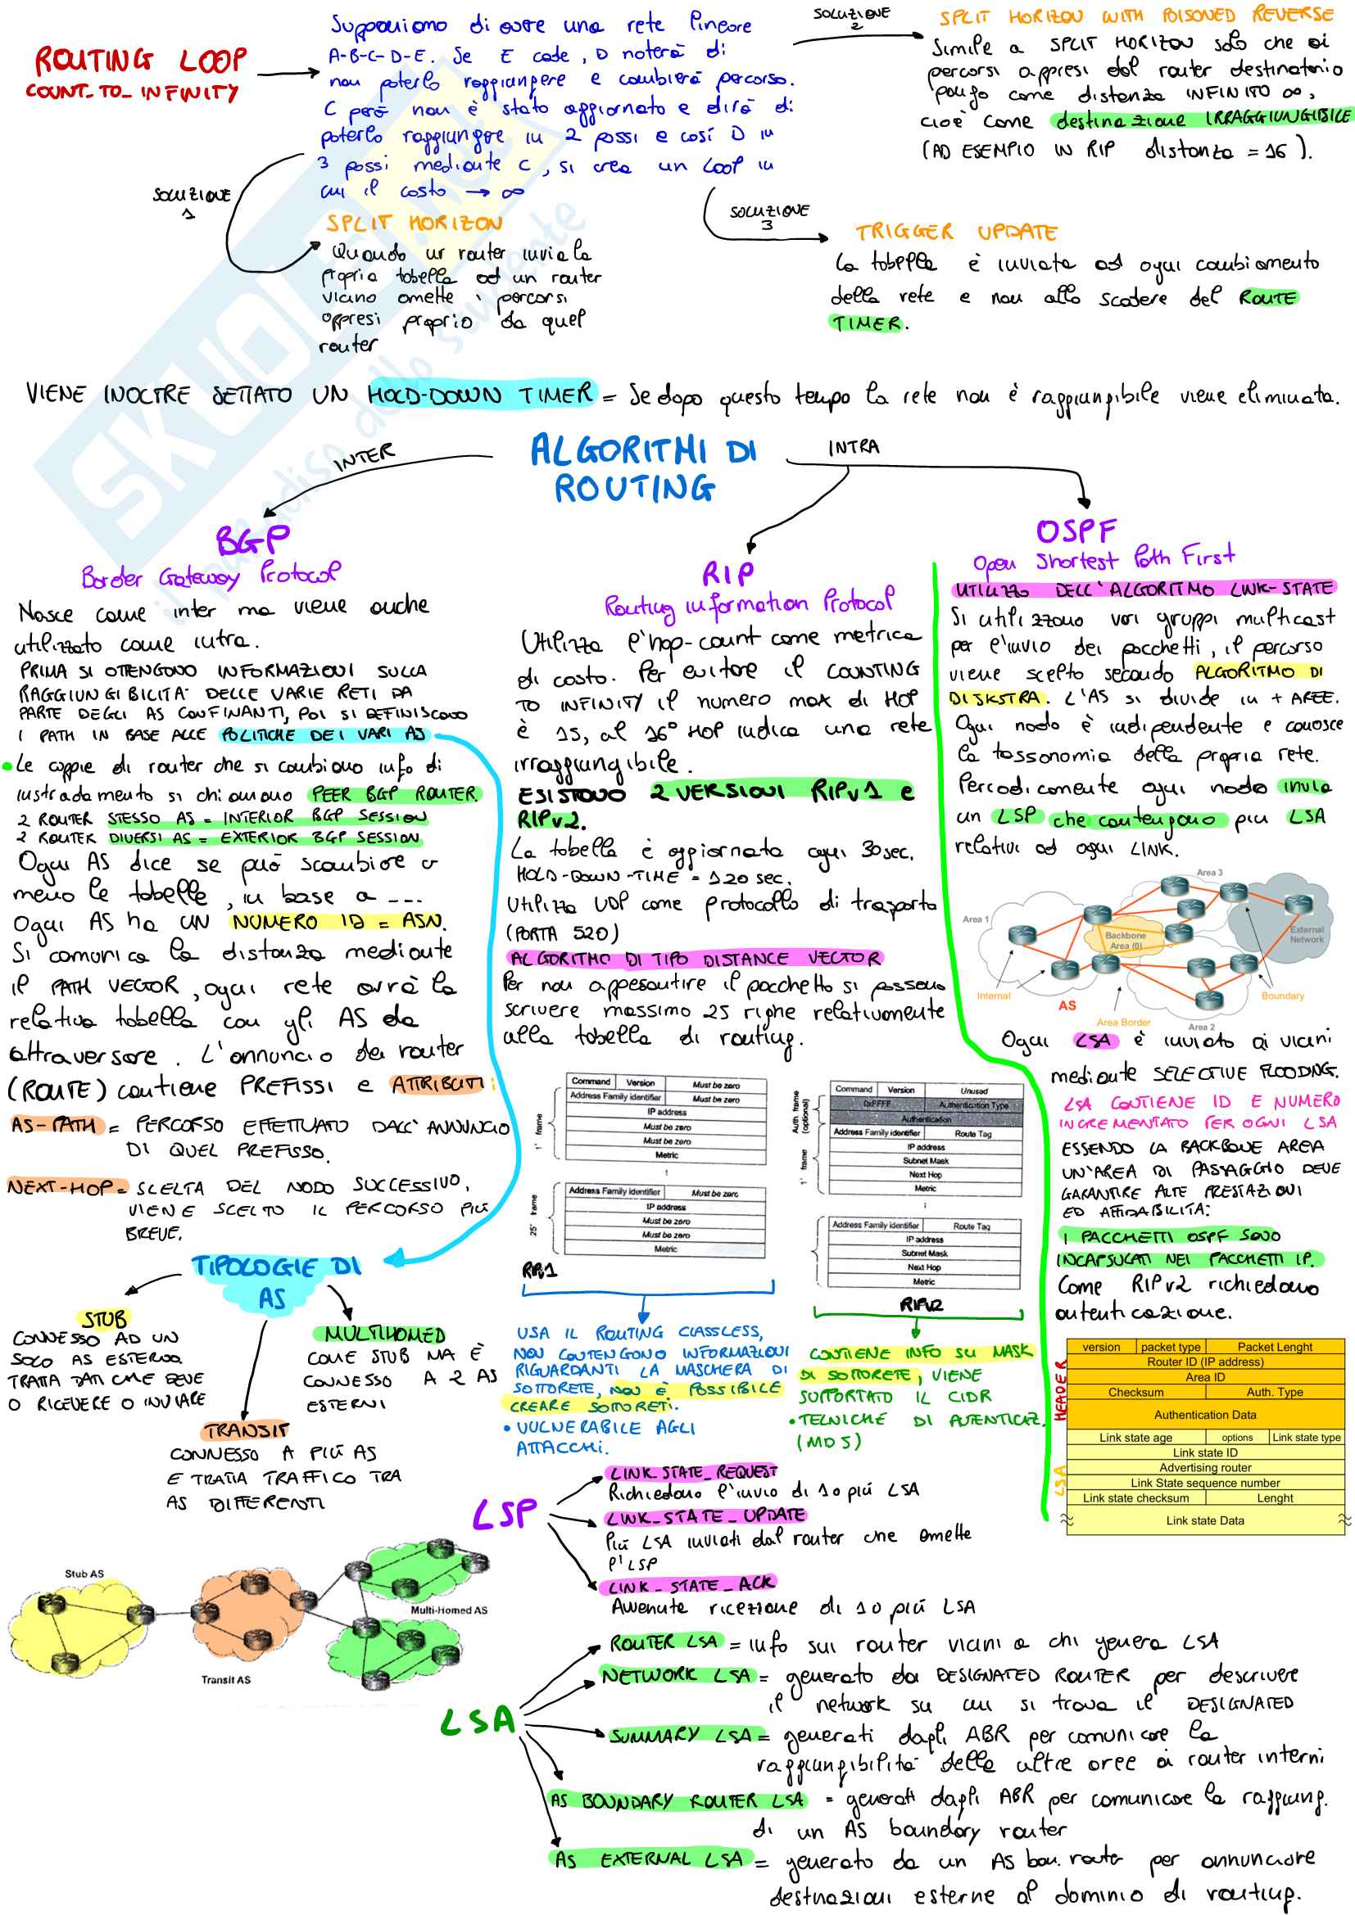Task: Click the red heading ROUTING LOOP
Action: point(140,61)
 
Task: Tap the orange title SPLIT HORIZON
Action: point(414,224)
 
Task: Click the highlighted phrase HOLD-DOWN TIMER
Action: point(482,395)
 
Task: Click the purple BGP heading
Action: point(253,540)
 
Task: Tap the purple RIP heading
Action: point(727,574)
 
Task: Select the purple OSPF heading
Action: point(1076,531)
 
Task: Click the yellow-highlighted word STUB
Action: point(104,1319)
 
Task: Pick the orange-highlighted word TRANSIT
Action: point(247,1431)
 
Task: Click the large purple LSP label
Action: point(505,1514)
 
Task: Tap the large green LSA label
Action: point(478,1721)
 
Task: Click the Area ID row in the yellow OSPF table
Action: point(1205,1377)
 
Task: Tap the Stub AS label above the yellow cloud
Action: point(84,1573)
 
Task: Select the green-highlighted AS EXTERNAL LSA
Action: point(648,1859)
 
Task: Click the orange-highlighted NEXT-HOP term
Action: point(66,1186)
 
